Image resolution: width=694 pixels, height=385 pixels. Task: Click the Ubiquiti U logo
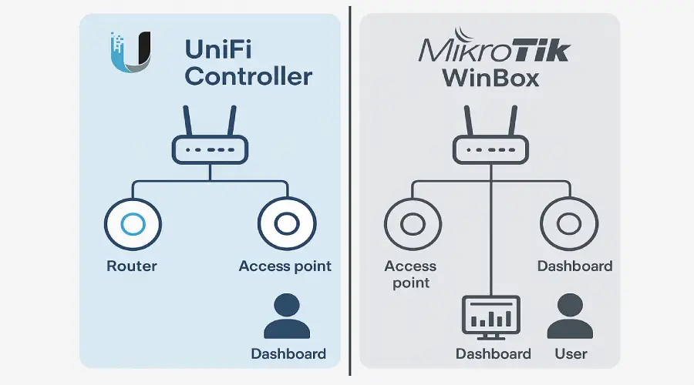[131, 52]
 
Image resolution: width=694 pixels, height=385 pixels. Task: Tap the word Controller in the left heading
[248, 76]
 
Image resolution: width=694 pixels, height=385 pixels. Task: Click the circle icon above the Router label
[132, 224]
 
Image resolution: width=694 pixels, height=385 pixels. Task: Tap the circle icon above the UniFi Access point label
[286, 224]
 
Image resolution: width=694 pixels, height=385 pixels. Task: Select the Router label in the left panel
[132, 266]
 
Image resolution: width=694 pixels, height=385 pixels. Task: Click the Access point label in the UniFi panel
[285, 266]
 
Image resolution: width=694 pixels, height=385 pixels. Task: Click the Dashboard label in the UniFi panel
[288, 354]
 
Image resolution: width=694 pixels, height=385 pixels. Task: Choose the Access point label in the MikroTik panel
[410, 274]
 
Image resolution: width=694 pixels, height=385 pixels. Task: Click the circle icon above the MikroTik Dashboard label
[569, 224]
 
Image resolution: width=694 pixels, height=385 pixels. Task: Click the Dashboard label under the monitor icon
[493, 354]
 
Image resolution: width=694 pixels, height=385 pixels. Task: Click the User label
[571, 354]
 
